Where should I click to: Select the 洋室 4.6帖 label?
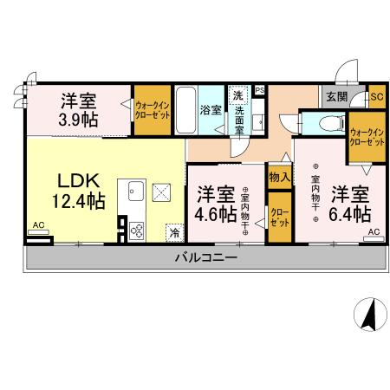point(216,202)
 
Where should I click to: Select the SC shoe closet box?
point(376,97)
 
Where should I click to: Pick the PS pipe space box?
point(259,89)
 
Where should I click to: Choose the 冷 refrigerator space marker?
point(174,231)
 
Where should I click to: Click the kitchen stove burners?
point(138,228)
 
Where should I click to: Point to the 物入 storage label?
point(278,177)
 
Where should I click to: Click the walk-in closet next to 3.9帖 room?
point(153,109)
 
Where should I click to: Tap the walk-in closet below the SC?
point(367,135)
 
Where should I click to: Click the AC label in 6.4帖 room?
point(374,232)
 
